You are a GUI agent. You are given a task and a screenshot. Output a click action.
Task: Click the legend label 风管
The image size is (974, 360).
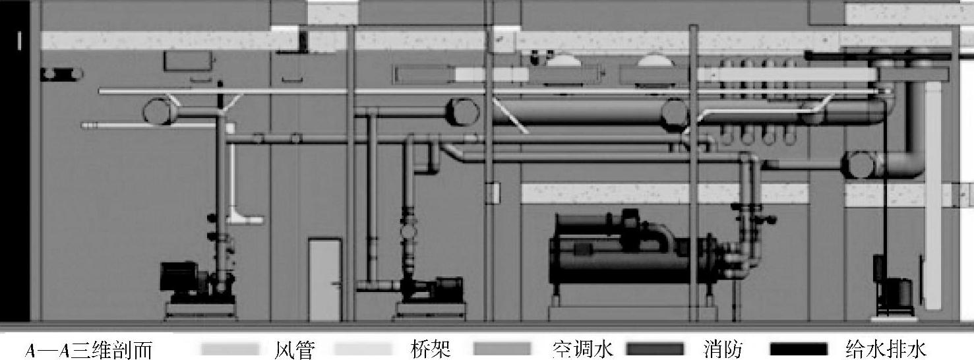click(293, 348)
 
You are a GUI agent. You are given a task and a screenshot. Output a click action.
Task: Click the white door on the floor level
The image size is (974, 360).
click(325, 280)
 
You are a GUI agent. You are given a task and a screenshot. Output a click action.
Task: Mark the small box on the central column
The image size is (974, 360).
click(492, 193)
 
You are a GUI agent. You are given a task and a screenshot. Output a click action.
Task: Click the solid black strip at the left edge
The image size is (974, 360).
click(15, 165)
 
